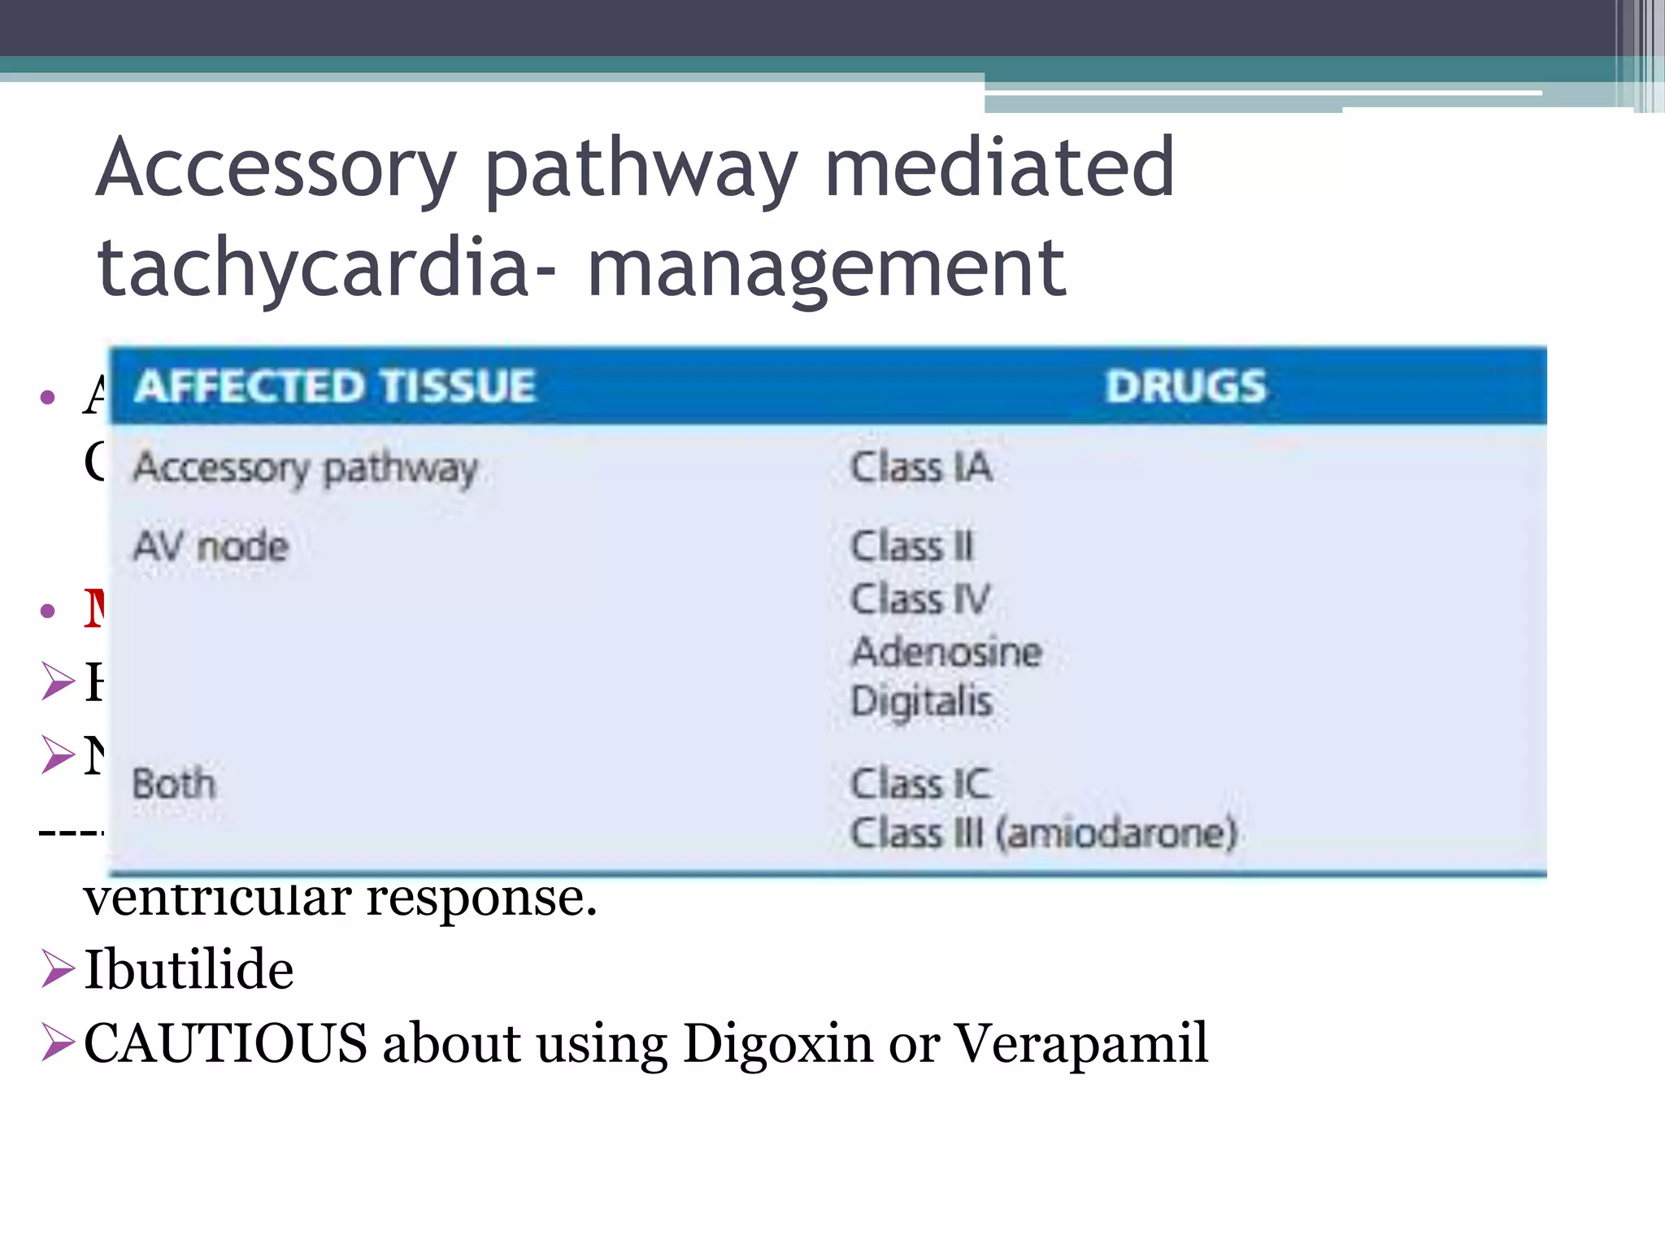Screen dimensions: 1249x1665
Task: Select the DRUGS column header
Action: (1185, 385)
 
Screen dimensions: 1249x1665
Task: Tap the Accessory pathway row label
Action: (306, 468)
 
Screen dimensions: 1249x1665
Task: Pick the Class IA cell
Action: (921, 468)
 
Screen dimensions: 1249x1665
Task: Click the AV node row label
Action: (211, 546)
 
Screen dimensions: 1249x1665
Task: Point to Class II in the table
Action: (911, 546)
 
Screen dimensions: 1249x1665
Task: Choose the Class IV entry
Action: (920, 599)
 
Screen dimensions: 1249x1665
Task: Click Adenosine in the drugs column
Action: (946, 651)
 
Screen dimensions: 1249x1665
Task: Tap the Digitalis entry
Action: (922, 702)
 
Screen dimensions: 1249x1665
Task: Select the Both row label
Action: (174, 784)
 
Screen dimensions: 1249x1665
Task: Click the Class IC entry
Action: (920, 784)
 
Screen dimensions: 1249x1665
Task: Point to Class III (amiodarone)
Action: (1044, 833)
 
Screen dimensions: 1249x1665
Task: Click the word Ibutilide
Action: (189, 969)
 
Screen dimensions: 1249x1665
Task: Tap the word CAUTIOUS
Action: (225, 1043)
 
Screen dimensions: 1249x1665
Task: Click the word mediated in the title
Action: (999, 168)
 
